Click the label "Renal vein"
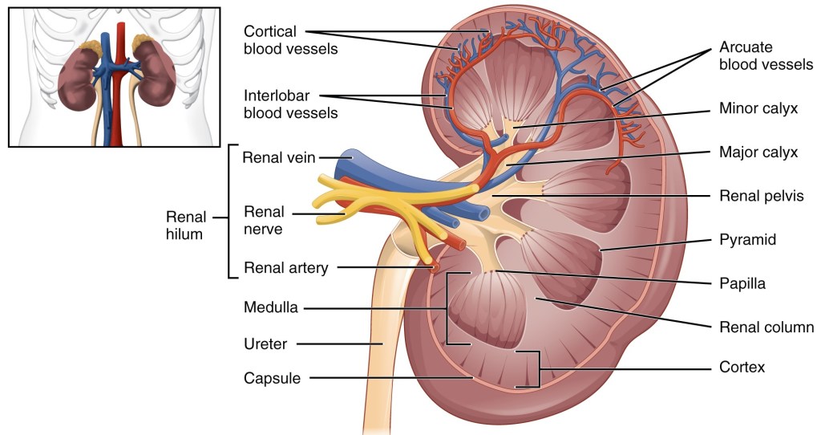(x=278, y=157)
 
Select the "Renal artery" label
(x=285, y=268)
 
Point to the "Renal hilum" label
(x=186, y=226)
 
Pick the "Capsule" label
(x=272, y=378)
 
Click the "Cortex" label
(x=742, y=368)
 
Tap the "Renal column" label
(x=763, y=327)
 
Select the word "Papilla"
(x=742, y=283)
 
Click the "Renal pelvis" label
(x=761, y=195)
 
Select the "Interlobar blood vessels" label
(x=290, y=104)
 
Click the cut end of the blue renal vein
(x=342, y=163)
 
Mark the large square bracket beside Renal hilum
(x=230, y=211)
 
